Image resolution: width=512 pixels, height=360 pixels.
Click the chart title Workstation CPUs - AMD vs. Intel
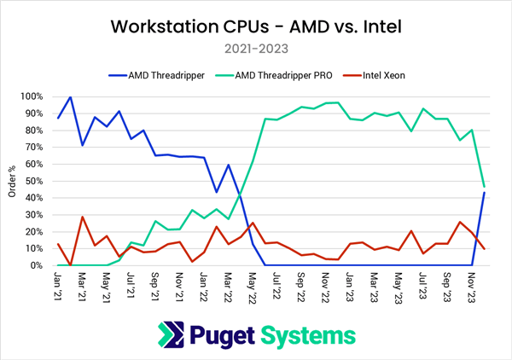coord(255,26)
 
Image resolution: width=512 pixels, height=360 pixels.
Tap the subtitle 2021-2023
coord(256,49)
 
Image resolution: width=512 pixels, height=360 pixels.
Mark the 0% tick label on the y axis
coord(43,265)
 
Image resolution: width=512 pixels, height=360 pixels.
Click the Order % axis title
coord(12,181)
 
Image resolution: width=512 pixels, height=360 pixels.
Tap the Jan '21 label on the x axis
coord(58,285)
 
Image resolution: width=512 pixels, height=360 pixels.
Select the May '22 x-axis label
coord(253,285)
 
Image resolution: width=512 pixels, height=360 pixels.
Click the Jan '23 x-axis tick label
coord(350,285)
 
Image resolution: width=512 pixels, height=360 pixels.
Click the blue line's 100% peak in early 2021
coord(70,97)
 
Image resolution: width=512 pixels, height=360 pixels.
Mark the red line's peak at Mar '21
coord(82,217)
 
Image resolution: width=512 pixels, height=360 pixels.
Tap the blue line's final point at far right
coord(485,192)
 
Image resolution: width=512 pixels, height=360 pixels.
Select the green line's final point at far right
coord(485,187)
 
